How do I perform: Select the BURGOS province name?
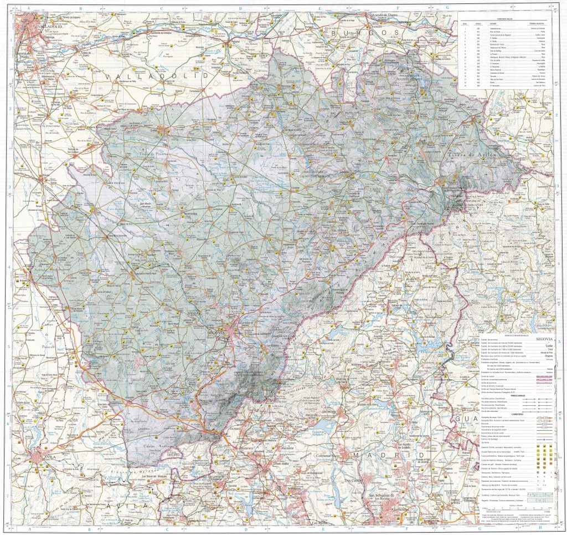[364, 34]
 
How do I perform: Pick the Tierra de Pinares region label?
[150, 150]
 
